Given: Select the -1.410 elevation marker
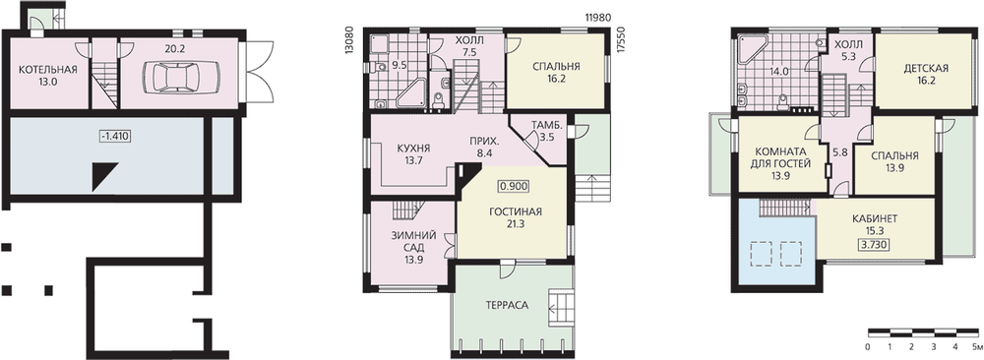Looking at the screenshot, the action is [x=114, y=136].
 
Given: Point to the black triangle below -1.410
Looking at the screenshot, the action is [x=105, y=176].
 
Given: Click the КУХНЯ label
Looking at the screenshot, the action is [x=413, y=149].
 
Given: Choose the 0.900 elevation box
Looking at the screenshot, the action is [x=514, y=186].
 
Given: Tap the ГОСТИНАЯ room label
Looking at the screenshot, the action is [x=516, y=211].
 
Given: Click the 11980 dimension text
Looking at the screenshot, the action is [x=597, y=18].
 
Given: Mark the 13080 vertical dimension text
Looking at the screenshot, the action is [x=350, y=40].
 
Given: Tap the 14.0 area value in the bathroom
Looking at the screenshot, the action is [x=778, y=72].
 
